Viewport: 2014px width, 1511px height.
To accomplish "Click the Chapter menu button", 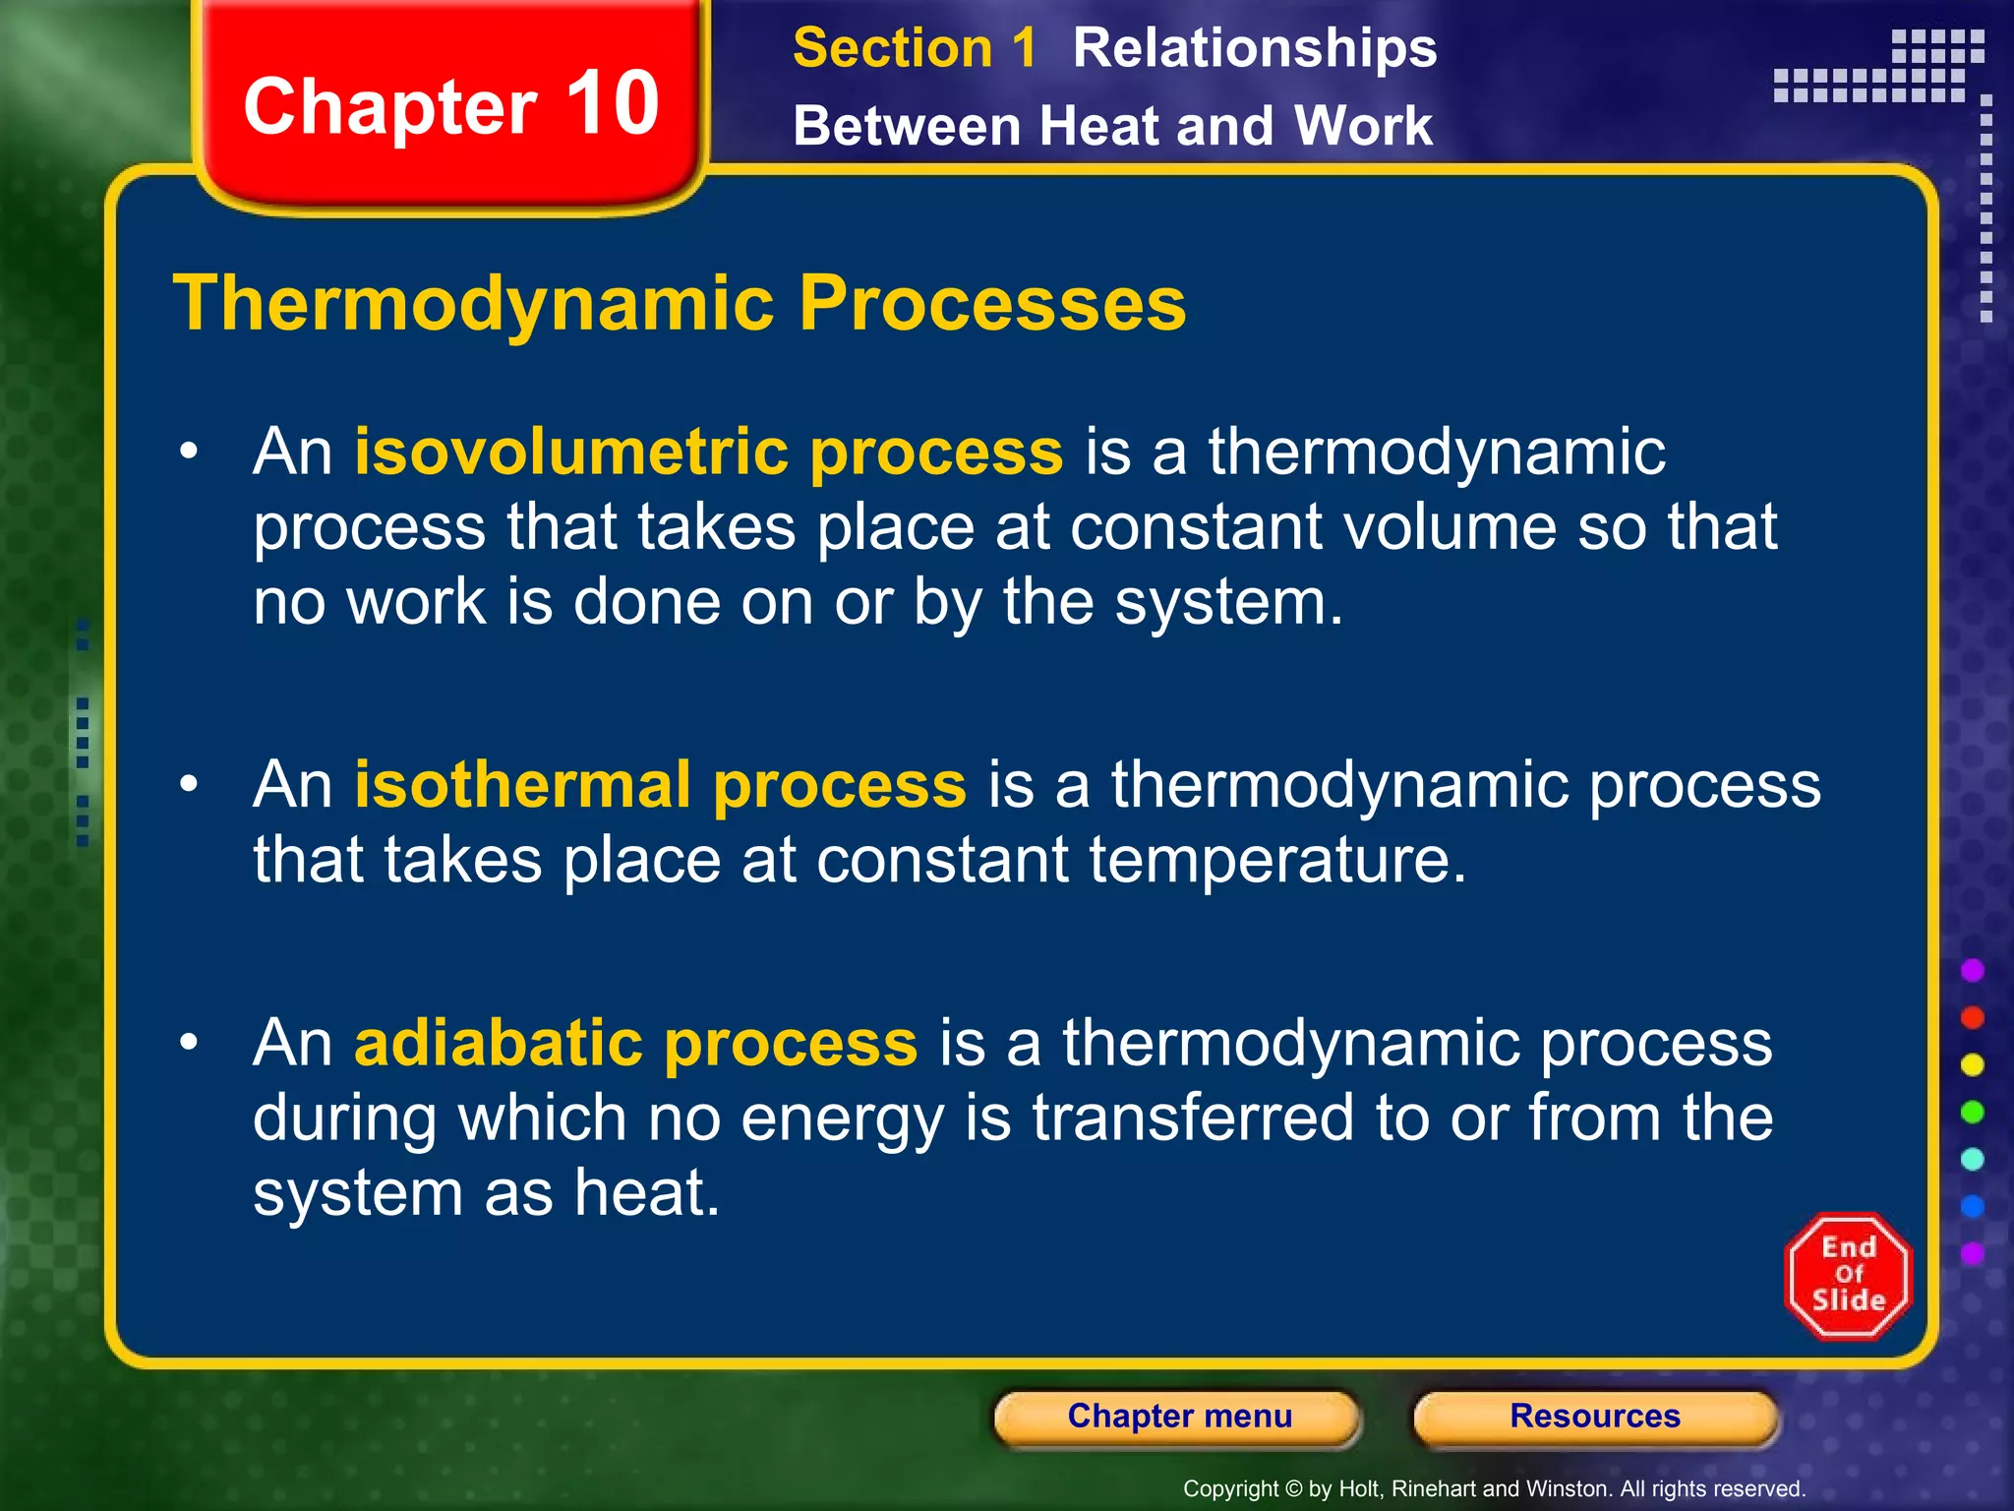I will [1178, 1417].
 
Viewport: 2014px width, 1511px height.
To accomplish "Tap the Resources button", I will [1595, 1417].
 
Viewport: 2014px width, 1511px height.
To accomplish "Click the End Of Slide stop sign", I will [1848, 1275].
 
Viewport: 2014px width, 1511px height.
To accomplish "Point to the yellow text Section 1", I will [914, 48].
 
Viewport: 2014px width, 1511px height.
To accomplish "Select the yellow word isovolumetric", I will [570, 452].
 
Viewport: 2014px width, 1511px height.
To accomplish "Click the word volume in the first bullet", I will [1450, 526].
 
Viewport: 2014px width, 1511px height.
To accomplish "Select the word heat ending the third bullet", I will [646, 1192].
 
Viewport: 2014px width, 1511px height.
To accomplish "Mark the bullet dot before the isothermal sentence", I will [189, 784].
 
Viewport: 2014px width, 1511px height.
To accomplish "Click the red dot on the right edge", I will [1972, 1017].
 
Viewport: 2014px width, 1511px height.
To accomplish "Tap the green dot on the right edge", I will [1972, 1112].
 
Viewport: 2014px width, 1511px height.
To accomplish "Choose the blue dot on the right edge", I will [1972, 1206].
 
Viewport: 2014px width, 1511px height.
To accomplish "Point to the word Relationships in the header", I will [1254, 48].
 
